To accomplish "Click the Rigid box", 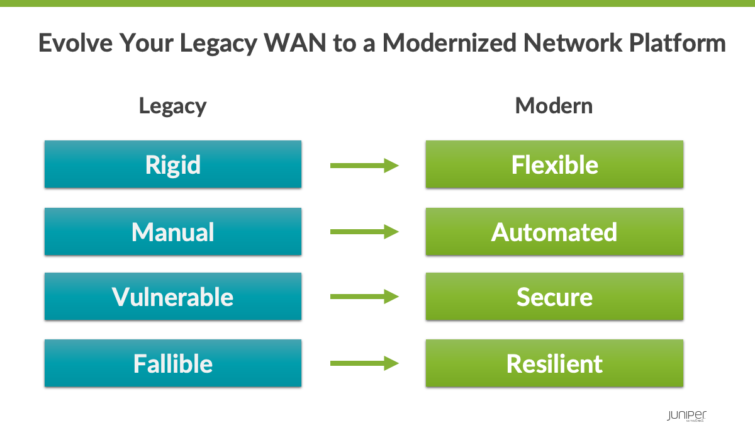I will [x=172, y=164].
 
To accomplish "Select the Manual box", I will [x=172, y=232].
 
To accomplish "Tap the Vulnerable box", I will [x=172, y=297].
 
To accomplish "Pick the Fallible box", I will [x=172, y=363].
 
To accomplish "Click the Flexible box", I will [x=554, y=164].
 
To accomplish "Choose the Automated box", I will [x=554, y=232].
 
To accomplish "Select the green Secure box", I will [x=554, y=297].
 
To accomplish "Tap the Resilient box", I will [x=554, y=363].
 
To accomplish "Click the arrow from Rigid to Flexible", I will [x=364, y=166].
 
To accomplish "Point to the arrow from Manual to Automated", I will [x=364, y=232].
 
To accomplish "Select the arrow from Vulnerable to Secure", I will [x=364, y=297].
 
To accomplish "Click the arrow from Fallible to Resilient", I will [x=364, y=363].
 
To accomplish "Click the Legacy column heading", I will [x=172, y=106].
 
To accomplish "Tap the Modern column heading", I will [x=554, y=106].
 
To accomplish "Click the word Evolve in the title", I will [x=75, y=43].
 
